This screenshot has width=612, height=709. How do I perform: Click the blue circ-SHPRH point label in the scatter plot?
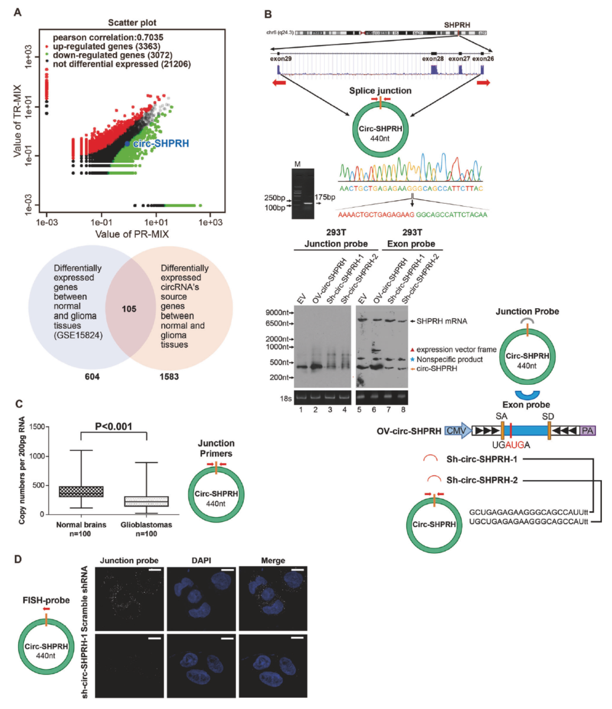[x=161, y=143]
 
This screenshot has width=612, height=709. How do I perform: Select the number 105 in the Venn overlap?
[x=129, y=309]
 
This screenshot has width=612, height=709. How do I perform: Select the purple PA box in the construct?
[x=587, y=431]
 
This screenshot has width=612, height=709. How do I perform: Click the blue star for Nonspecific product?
[x=412, y=359]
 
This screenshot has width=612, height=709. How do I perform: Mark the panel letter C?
[x=19, y=404]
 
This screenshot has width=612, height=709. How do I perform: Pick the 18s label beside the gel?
[x=286, y=398]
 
